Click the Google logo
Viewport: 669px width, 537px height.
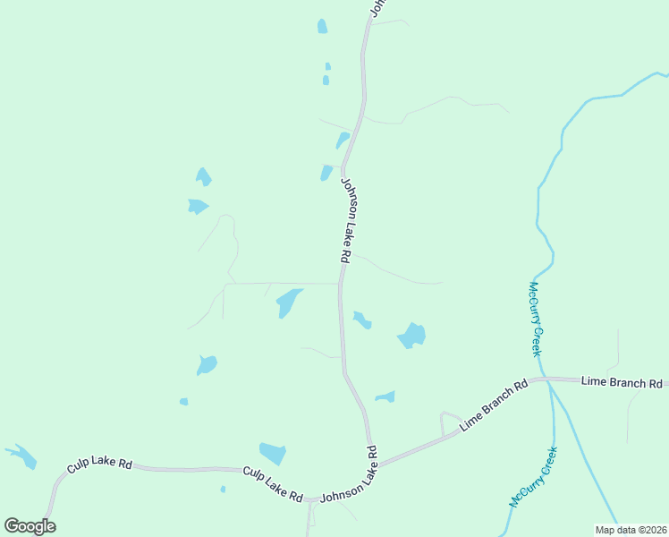tap(30, 526)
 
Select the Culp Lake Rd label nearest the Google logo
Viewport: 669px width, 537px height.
tap(100, 466)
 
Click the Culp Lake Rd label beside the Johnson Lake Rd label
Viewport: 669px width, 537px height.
tap(273, 483)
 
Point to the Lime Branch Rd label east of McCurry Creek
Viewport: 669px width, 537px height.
tap(622, 382)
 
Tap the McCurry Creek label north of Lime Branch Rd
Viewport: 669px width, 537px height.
tap(535, 319)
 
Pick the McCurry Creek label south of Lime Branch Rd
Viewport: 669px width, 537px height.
tap(533, 477)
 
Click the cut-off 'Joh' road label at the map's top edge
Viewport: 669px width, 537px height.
tap(377, 7)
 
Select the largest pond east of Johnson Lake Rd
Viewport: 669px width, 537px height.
tap(411, 336)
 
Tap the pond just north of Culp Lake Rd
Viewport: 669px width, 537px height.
tap(272, 453)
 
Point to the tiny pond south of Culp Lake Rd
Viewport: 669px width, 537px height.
tap(223, 489)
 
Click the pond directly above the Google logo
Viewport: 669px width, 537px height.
tap(22, 456)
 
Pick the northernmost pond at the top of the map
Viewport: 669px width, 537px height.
tap(322, 27)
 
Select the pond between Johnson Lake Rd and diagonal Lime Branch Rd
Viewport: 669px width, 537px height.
tap(385, 396)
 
